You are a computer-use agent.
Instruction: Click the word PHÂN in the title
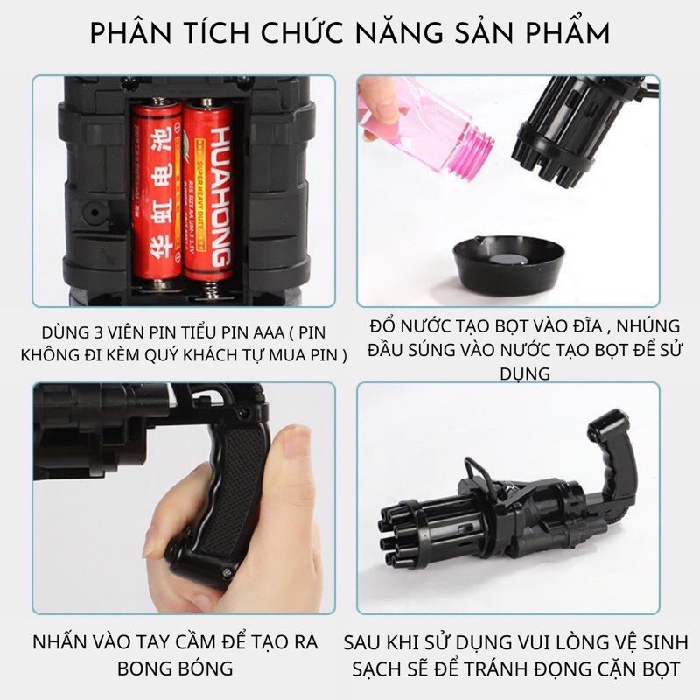[131, 35]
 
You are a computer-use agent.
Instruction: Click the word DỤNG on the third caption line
[520, 374]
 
